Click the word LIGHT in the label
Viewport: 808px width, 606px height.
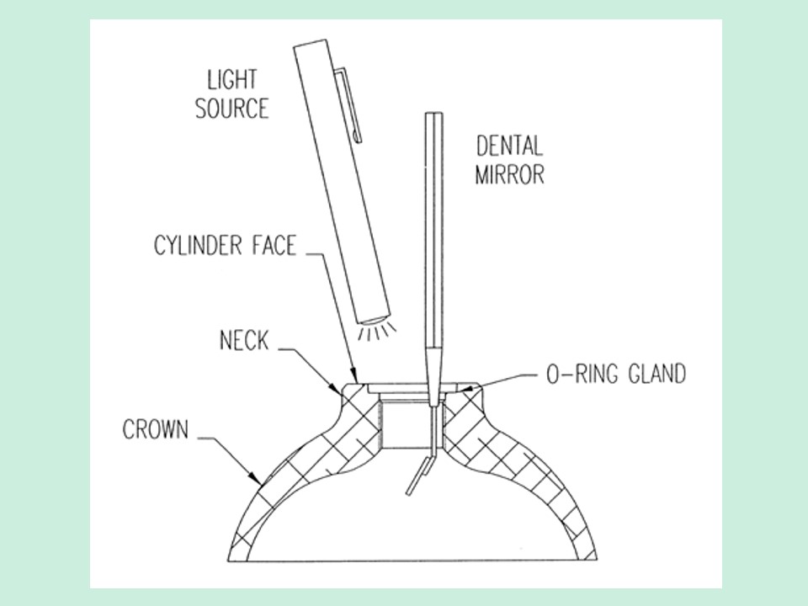click(232, 79)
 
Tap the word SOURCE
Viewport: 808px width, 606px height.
click(232, 109)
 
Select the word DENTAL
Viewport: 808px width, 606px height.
click(509, 146)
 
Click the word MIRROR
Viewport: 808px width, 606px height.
click(509, 174)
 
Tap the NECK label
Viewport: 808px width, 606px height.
click(244, 340)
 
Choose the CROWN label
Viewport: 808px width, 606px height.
click(156, 429)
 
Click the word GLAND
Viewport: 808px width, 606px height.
click(657, 373)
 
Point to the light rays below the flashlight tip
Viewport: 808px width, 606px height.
click(375, 332)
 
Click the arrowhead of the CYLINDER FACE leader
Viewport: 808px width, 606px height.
click(353, 378)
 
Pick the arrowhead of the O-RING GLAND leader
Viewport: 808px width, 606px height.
click(468, 390)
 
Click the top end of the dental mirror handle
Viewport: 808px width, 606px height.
click(434, 114)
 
